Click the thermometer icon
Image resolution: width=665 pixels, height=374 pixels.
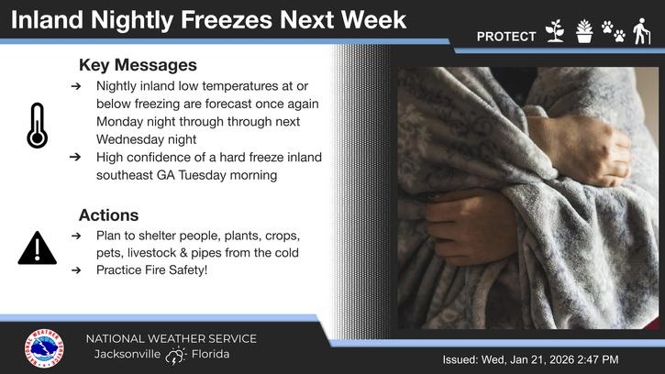[37, 126]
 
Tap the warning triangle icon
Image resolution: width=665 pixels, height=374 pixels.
[37, 248]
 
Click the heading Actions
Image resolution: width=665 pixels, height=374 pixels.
[108, 215]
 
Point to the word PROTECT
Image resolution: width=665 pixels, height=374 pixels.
[506, 37]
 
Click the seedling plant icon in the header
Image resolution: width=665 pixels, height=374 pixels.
[553, 32]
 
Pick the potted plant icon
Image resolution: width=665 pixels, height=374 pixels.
[583, 32]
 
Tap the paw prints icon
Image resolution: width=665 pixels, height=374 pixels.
[613, 32]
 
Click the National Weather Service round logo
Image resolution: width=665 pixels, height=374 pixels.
[44, 349]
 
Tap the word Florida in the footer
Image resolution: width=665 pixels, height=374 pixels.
[211, 355]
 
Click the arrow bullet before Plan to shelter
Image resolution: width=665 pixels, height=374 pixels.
[74, 236]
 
